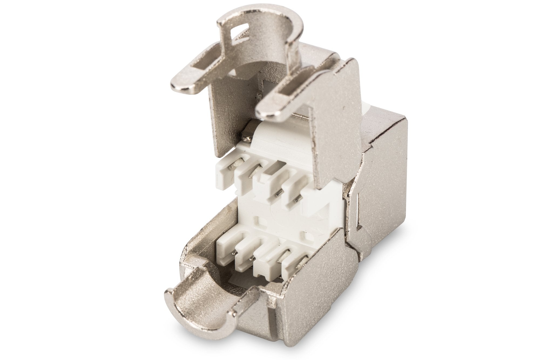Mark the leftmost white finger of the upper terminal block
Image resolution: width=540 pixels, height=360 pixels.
pyautogui.click(x=225, y=173)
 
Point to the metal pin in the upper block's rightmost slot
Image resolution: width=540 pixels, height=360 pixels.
pyautogui.click(x=297, y=200)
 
